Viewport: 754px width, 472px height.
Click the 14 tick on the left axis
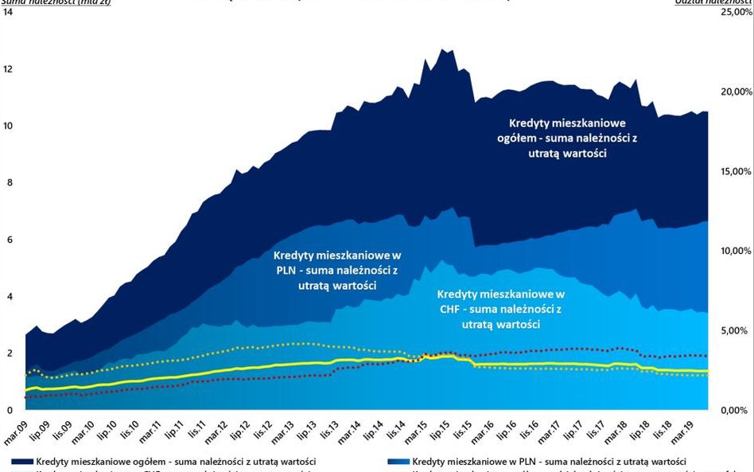[x=9, y=13]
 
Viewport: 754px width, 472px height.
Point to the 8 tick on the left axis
[x=9, y=182]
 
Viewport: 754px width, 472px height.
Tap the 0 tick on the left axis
[x=9, y=410]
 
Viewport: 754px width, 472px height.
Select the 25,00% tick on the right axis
[x=730, y=13]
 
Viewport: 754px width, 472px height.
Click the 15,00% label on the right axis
[x=730, y=172]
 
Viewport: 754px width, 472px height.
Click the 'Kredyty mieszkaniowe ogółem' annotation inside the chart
[x=567, y=138]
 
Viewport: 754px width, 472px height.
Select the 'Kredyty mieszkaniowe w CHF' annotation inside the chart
[x=500, y=309]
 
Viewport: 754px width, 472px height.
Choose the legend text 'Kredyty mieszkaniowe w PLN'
[x=549, y=462]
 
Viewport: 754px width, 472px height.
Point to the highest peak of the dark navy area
[x=442, y=49]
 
